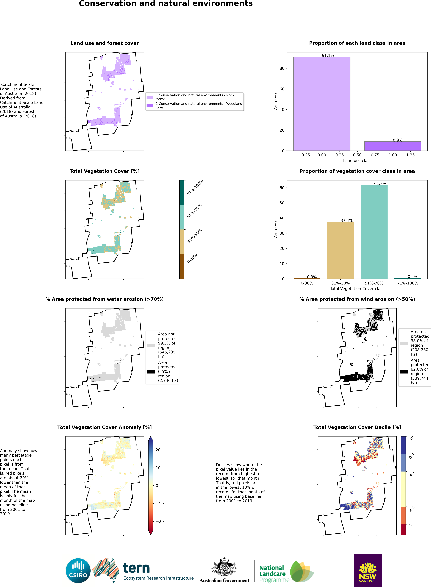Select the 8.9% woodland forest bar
pyautogui.click(x=393, y=146)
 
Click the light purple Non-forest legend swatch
pyautogui.click(x=150, y=97)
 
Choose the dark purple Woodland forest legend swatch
pyautogui.click(x=150, y=106)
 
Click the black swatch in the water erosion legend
pyautogui.click(x=151, y=372)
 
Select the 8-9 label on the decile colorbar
pyautogui.click(x=411, y=456)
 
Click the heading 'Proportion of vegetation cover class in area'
pyautogui.click(x=357, y=171)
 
